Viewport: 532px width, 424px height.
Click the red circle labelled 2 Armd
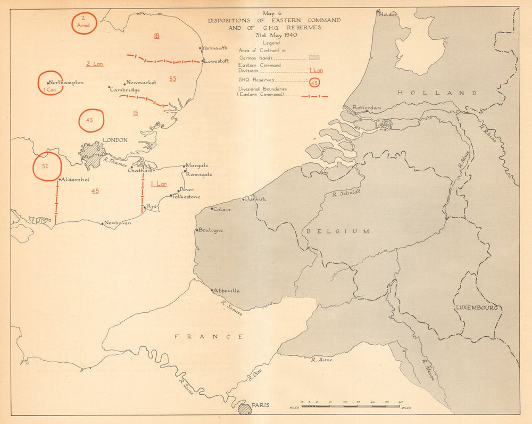(84, 23)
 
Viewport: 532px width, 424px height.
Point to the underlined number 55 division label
(172, 79)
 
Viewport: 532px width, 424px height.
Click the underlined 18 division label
(156, 36)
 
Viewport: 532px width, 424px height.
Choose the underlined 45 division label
(95, 191)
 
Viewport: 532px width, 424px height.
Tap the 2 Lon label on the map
(95, 64)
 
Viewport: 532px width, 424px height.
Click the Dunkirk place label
(256, 199)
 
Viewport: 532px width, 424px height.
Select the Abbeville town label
(227, 290)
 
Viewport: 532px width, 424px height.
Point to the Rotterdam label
(367, 107)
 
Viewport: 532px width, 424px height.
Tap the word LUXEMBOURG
(476, 307)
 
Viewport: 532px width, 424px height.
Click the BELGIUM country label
(337, 231)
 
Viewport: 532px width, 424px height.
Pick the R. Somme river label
(232, 308)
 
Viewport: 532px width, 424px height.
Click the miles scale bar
(351, 406)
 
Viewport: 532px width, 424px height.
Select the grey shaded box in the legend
(314, 56)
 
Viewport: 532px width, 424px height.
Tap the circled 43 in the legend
(314, 82)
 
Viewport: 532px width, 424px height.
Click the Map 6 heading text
(274, 13)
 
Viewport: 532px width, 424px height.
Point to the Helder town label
(388, 14)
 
